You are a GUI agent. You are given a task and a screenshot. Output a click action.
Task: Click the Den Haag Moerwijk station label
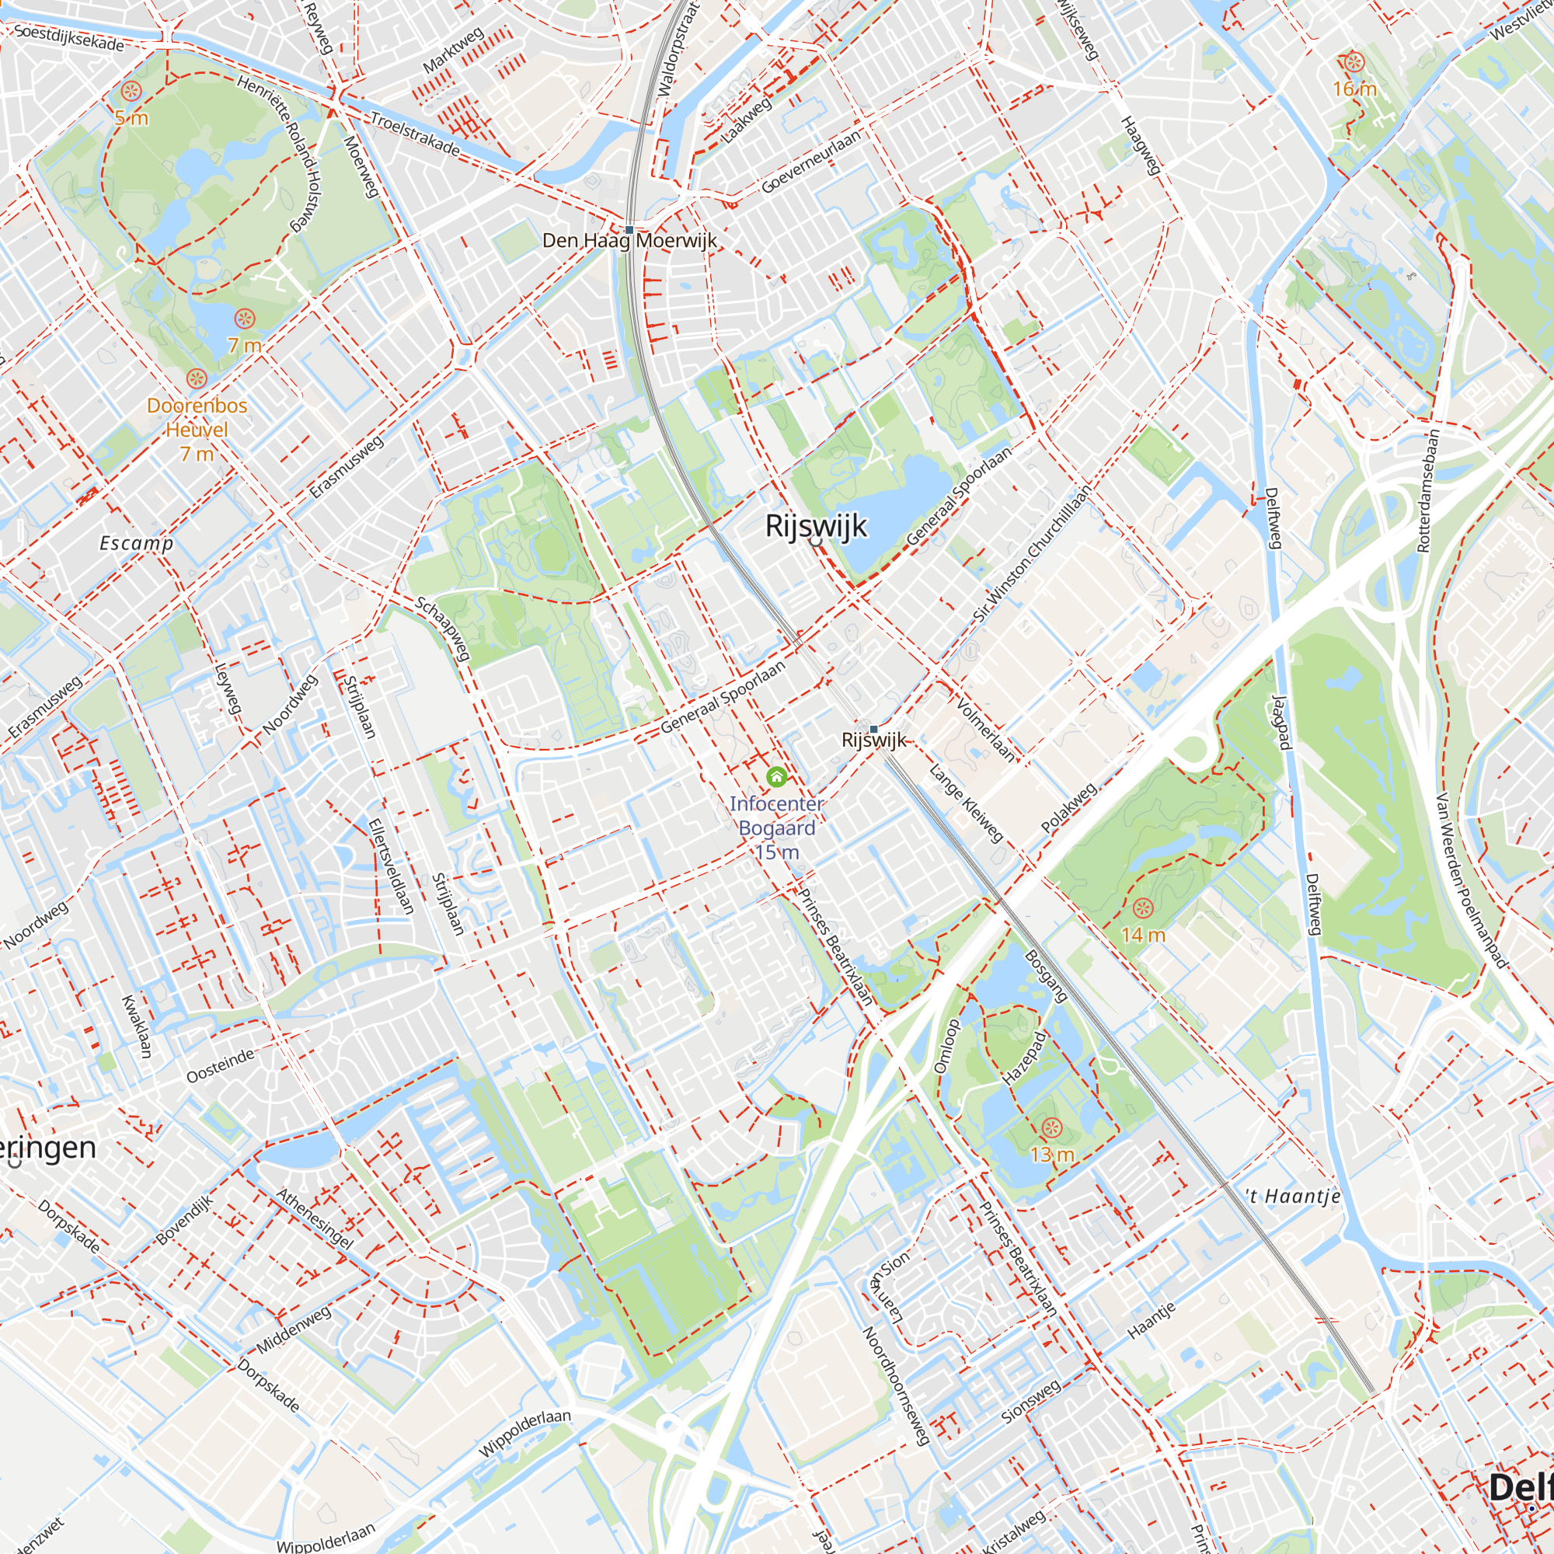point(629,241)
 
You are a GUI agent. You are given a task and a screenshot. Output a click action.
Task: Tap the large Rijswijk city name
point(816,526)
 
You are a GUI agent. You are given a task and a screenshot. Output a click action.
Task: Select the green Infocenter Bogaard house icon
point(776,776)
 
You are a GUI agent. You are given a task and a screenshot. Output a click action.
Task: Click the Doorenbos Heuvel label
point(197,417)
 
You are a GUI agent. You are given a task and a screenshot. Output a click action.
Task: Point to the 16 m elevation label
point(1354,89)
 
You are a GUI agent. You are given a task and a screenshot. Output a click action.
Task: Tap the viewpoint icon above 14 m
point(1142,909)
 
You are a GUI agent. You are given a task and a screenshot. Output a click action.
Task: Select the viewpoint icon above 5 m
point(132,92)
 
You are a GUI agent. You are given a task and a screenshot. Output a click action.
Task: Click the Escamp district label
point(136,543)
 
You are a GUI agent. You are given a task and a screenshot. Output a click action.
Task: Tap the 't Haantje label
point(1293,1197)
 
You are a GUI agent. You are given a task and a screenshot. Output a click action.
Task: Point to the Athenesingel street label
point(315,1218)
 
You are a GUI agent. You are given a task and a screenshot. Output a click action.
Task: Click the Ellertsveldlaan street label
point(391,866)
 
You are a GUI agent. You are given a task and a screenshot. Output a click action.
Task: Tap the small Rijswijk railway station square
point(873,729)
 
